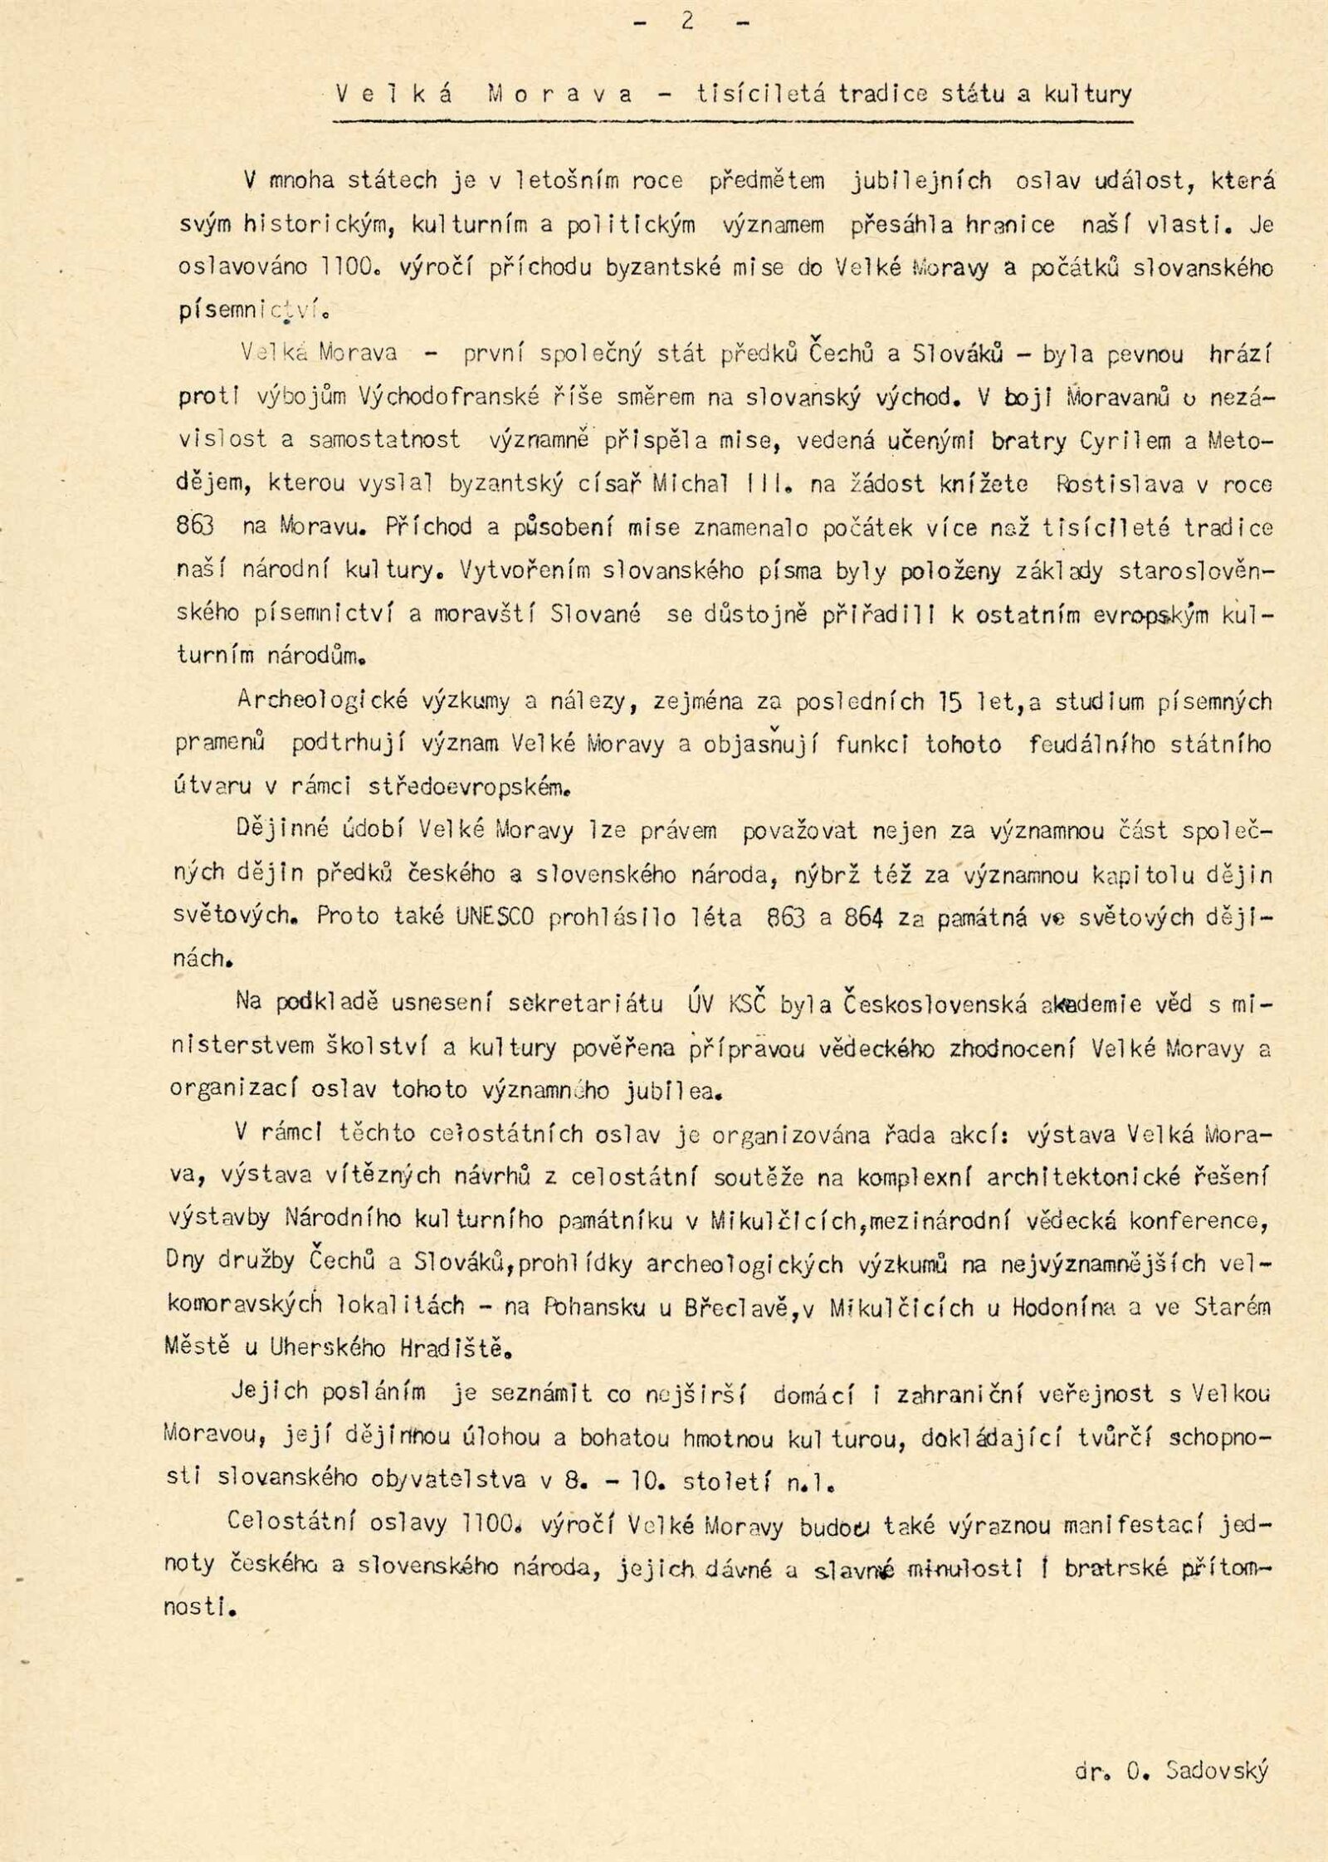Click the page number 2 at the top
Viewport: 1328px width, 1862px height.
coord(687,23)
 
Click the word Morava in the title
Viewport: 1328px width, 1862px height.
coord(560,94)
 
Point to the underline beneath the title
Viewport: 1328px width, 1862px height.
coord(730,121)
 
